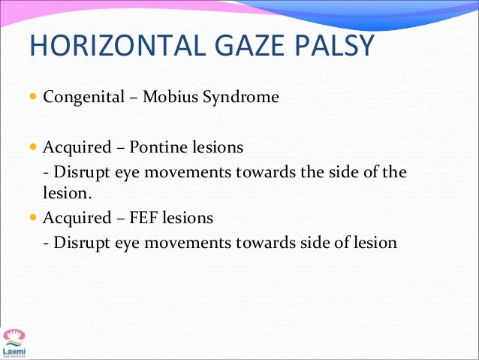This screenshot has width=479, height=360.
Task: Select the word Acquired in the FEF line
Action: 74,218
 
